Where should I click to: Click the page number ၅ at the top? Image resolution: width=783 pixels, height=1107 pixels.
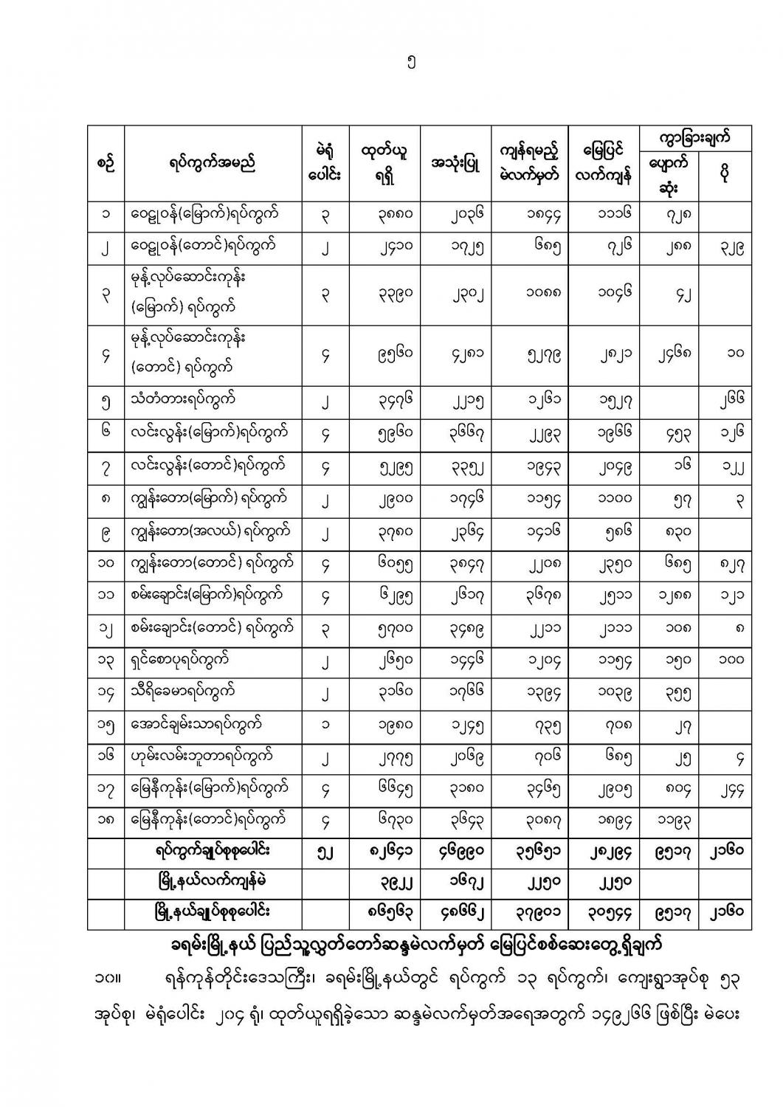[411, 63]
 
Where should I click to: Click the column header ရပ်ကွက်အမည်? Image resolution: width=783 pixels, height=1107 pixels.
[213, 164]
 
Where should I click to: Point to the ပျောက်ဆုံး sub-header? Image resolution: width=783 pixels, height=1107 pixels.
[669, 176]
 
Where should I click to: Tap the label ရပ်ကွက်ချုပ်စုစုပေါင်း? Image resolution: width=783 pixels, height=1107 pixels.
[213, 851]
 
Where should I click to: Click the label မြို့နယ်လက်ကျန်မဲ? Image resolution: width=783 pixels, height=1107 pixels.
[213, 882]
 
